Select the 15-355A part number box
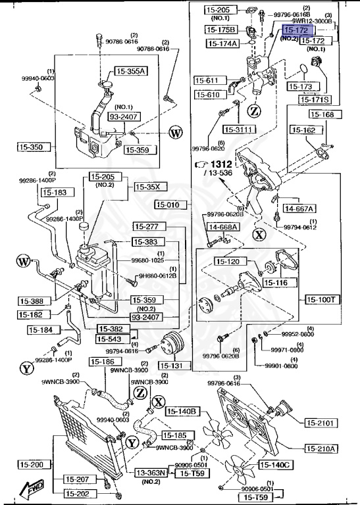pos(132,71)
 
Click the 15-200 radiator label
pos(31,464)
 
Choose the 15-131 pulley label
pos(174,366)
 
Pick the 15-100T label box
pos(321,299)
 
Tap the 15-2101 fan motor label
pos(321,422)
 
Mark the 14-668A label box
pos(224,227)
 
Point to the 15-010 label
pos(167,204)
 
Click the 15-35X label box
pos(148,187)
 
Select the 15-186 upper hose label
pos(104,362)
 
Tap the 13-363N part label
pos(152,472)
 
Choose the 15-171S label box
pos(315,99)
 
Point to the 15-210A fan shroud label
pos(321,449)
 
